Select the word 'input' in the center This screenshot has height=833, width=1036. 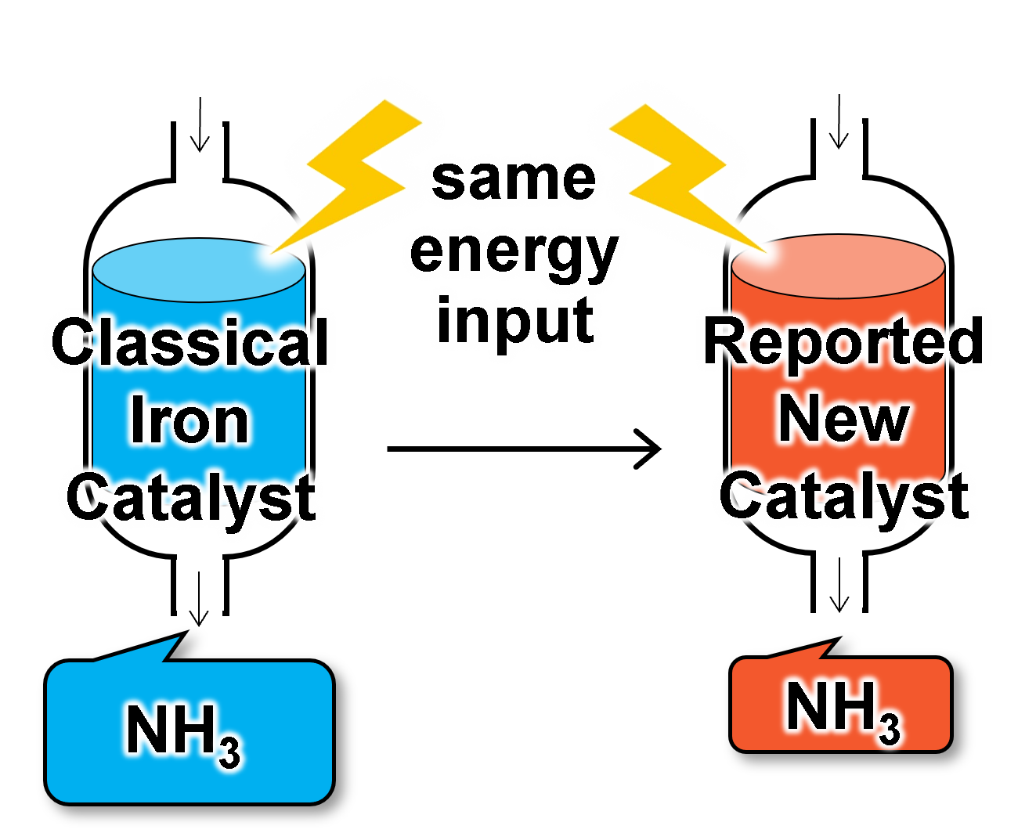point(516,319)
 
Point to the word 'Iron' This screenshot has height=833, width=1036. point(190,421)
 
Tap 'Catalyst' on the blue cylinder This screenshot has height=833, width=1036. point(190,496)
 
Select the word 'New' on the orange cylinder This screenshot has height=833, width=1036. point(843,419)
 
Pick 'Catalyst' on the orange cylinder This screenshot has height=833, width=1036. point(843,495)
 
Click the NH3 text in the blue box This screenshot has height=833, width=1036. point(182,733)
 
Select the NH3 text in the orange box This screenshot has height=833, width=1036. point(842,709)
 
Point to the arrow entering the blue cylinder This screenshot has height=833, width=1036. point(200,133)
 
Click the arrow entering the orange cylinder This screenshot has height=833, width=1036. point(839,130)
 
